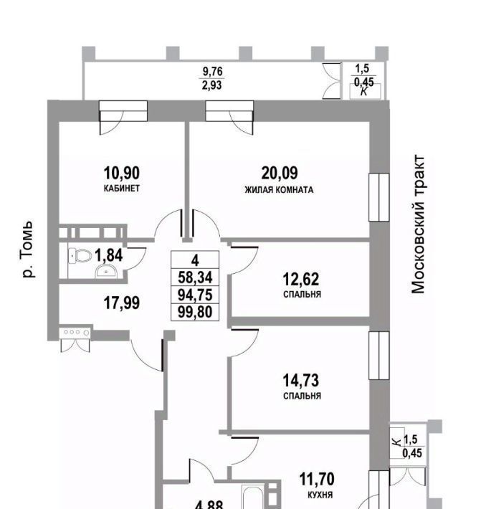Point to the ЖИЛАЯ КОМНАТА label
pos(280,190)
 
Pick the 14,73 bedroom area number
pos(301,379)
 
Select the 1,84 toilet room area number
pos(109,254)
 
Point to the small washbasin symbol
pos(108,270)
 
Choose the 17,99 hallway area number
pos(122,303)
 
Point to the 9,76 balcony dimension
pos(213,71)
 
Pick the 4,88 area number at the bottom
pos(209,504)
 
